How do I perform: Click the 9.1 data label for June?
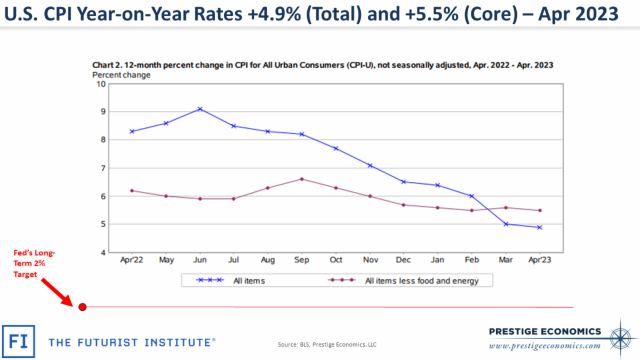click(x=200, y=109)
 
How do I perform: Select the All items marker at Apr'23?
click(x=539, y=227)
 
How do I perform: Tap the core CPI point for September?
click(x=302, y=179)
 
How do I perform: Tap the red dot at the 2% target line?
click(x=82, y=307)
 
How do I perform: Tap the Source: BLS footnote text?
click(x=326, y=345)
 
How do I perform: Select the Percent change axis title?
click(x=122, y=75)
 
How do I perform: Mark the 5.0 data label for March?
click(x=505, y=224)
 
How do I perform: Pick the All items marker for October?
click(x=336, y=148)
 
